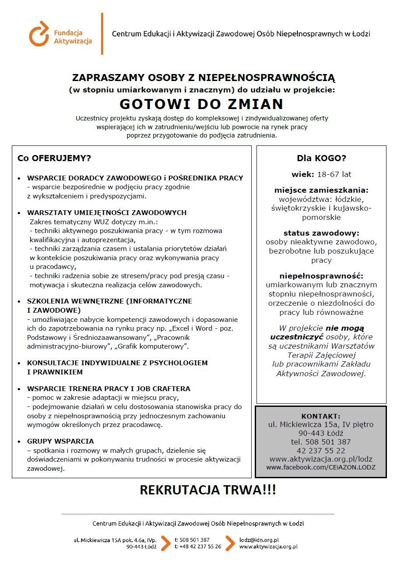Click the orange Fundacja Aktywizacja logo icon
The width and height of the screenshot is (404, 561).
[x=39, y=33]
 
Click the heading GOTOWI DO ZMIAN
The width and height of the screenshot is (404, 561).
[x=202, y=104]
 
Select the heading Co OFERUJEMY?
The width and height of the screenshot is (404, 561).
[x=54, y=158]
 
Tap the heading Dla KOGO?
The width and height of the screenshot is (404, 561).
[x=321, y=158]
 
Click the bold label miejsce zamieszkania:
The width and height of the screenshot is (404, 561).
[x=321, y=190]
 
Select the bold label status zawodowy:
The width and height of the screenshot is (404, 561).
[x=321, y=233]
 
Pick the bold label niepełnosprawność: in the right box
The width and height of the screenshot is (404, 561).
[x=321, y=276]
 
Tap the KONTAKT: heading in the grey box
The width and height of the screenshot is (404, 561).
[x=321, y=416]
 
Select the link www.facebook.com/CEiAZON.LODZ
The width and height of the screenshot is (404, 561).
[x=321, y=467]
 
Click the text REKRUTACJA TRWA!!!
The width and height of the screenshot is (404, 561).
[x=208, y=490]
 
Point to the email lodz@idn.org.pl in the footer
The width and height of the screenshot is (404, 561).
[x=259, y=540]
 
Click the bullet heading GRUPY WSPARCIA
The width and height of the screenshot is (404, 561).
[x=60, y=441]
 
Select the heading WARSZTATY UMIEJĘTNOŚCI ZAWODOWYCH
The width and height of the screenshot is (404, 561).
[x=107, y=212]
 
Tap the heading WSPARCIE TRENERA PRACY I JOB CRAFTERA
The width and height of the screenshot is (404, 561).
[x=109, y=388]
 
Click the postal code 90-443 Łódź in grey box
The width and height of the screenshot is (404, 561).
[x=321, y=433]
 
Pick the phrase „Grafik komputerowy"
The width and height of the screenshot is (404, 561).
[x=155, y=346]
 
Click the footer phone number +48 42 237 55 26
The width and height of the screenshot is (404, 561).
[x=200, y=547]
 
